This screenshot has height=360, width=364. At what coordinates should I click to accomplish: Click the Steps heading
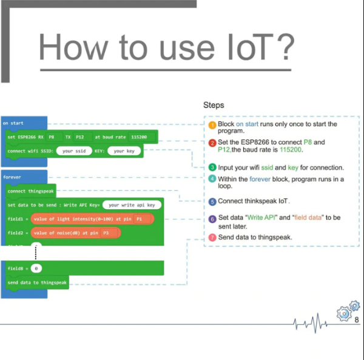click(x=214, y=105)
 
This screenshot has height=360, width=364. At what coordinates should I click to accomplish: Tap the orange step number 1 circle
click(x=212, y=125)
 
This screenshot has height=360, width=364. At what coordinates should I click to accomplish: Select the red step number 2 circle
click(x=212, y=143)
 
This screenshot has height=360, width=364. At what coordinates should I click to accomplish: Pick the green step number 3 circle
click(x=212, y=167)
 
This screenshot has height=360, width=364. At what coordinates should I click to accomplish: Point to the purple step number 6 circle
click(x=212, y=219)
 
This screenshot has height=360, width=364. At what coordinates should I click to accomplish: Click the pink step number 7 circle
click(x=212, y=238)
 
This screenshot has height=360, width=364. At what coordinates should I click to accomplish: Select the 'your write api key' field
click(x=132, y=205)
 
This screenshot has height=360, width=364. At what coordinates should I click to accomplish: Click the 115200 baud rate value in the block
click(x=138, y=137)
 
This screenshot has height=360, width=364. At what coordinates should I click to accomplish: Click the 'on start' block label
click(x=13, y=124)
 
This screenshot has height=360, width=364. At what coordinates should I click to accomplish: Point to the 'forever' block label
click(x=12, y=178)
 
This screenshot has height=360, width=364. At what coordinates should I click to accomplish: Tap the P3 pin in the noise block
click(x=105, y=233)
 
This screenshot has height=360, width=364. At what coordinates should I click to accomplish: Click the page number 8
click(x=356, y=319)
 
